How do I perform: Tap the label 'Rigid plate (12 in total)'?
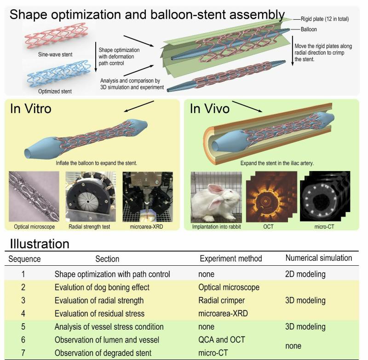[x=325, y=19]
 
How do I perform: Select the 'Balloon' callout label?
[x=309, y=29]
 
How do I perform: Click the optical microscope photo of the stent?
[x=34, y=196]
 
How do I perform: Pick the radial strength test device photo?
[x=91, y=196]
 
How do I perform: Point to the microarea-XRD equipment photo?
[x=148, y=196]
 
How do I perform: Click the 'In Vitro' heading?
[x=30, y=109]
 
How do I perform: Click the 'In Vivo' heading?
[x=210, y=109]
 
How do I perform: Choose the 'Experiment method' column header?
[x=231, y=258]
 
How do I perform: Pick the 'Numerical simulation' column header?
[x=318, y=258]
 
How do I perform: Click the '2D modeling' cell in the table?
[x=305, y=274]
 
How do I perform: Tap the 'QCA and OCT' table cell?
[x=222, y=340]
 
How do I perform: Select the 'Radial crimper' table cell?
[x=221, y=300]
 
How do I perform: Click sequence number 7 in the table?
[x=23, y=353]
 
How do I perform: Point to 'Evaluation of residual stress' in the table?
[x=99, y=314]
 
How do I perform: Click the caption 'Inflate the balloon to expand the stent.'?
[x=96, y=163]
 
